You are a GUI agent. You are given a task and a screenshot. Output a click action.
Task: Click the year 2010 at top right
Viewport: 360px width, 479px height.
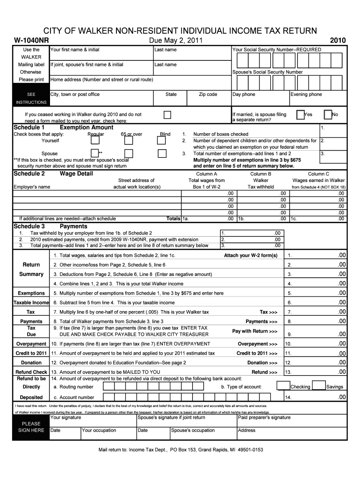(x=338, y=41)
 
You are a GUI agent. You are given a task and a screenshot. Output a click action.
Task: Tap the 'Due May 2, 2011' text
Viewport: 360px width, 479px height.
(x=175, y=41)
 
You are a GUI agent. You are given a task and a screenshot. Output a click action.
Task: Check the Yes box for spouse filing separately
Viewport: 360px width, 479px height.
(x=301, y=115)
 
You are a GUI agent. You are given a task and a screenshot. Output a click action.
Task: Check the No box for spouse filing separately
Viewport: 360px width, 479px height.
(x=328, y=115)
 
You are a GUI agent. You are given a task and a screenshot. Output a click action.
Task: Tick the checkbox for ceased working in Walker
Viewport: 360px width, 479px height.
(x=167, y=115)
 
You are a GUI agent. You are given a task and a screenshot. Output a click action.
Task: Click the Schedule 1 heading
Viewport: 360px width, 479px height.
(x=29, y=127)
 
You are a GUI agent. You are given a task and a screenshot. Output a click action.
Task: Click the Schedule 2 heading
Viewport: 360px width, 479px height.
(x=29, y=174)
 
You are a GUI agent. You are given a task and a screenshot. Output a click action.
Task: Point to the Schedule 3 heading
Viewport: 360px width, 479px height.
(x=29, y=226)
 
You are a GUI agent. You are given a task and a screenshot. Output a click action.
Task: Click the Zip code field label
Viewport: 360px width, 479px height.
(x=208, y=94)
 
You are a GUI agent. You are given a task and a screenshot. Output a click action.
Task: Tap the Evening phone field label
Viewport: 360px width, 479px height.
(x=306, y=94)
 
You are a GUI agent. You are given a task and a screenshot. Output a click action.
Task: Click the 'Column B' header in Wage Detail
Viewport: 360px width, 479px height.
(x=260, y=174)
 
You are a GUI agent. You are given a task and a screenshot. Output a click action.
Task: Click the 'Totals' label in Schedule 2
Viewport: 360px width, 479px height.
(x=173, y=218)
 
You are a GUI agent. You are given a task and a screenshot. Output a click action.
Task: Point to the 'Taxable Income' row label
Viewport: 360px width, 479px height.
(x=31, y=303)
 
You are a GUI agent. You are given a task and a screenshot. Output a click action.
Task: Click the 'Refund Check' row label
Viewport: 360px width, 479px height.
(x=31, y=372)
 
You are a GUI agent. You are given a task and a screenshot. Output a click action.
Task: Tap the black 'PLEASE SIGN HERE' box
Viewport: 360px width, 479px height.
(x=31, y=427)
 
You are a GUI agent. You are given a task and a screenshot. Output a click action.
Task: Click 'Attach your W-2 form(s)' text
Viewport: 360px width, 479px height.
(x=251, y=255)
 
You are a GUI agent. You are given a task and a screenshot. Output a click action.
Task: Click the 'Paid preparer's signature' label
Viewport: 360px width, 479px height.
(x=264, y=418)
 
